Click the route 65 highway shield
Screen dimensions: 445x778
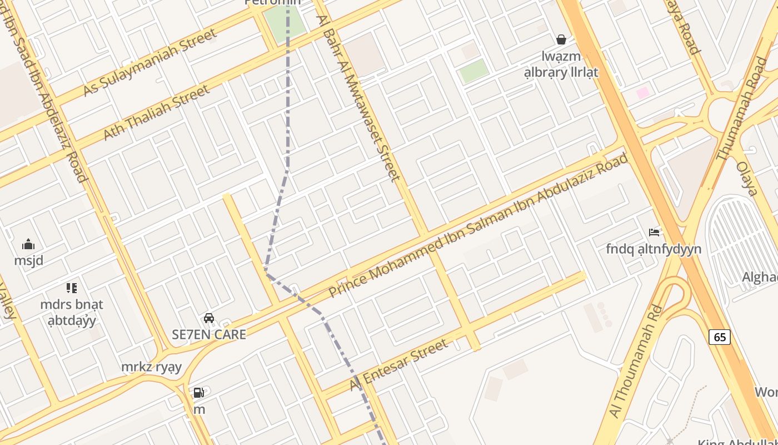[720, 337]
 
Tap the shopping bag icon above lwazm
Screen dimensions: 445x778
[561, 39]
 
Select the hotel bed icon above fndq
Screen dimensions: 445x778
[654, 232]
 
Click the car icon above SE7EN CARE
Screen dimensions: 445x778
[209, 318]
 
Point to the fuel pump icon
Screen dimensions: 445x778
[198, 393]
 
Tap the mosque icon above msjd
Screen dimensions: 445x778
[28, 244]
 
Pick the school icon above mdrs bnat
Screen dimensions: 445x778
[72, 288]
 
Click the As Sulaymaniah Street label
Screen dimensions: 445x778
[149, 62]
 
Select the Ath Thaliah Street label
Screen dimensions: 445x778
[157, 112]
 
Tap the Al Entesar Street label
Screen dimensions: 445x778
[399, 364]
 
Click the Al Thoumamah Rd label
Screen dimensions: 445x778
[636, 361]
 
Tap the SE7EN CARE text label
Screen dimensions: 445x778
[209, 335]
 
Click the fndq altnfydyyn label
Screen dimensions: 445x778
[654, 249]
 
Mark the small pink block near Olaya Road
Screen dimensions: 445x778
[643, 92]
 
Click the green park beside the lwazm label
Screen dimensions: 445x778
[474, 71]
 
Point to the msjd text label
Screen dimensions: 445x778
[29, 260]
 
